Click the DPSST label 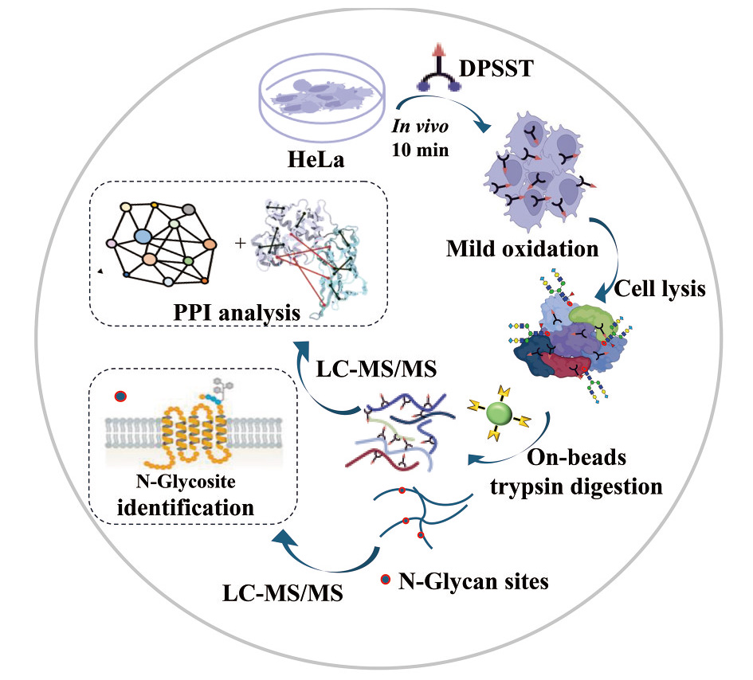tap(496, 68)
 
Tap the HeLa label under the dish tap(316, 159)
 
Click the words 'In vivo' tap(420, 126)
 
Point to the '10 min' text tap(420, 150)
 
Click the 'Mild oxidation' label tap(522, 248)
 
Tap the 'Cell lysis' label tap(660, 288)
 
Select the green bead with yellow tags tap(500, 413)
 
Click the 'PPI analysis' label tap(237, 313)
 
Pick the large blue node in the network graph tap(143, 236)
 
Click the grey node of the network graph tap(189, 209)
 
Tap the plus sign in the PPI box tap(240, 244)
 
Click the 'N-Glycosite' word tap(186, 481)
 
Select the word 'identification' tap(186, 507)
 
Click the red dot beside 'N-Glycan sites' tap(385, 579)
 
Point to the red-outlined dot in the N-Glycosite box tap(120, 397)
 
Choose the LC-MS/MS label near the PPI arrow tap(376, 369)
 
